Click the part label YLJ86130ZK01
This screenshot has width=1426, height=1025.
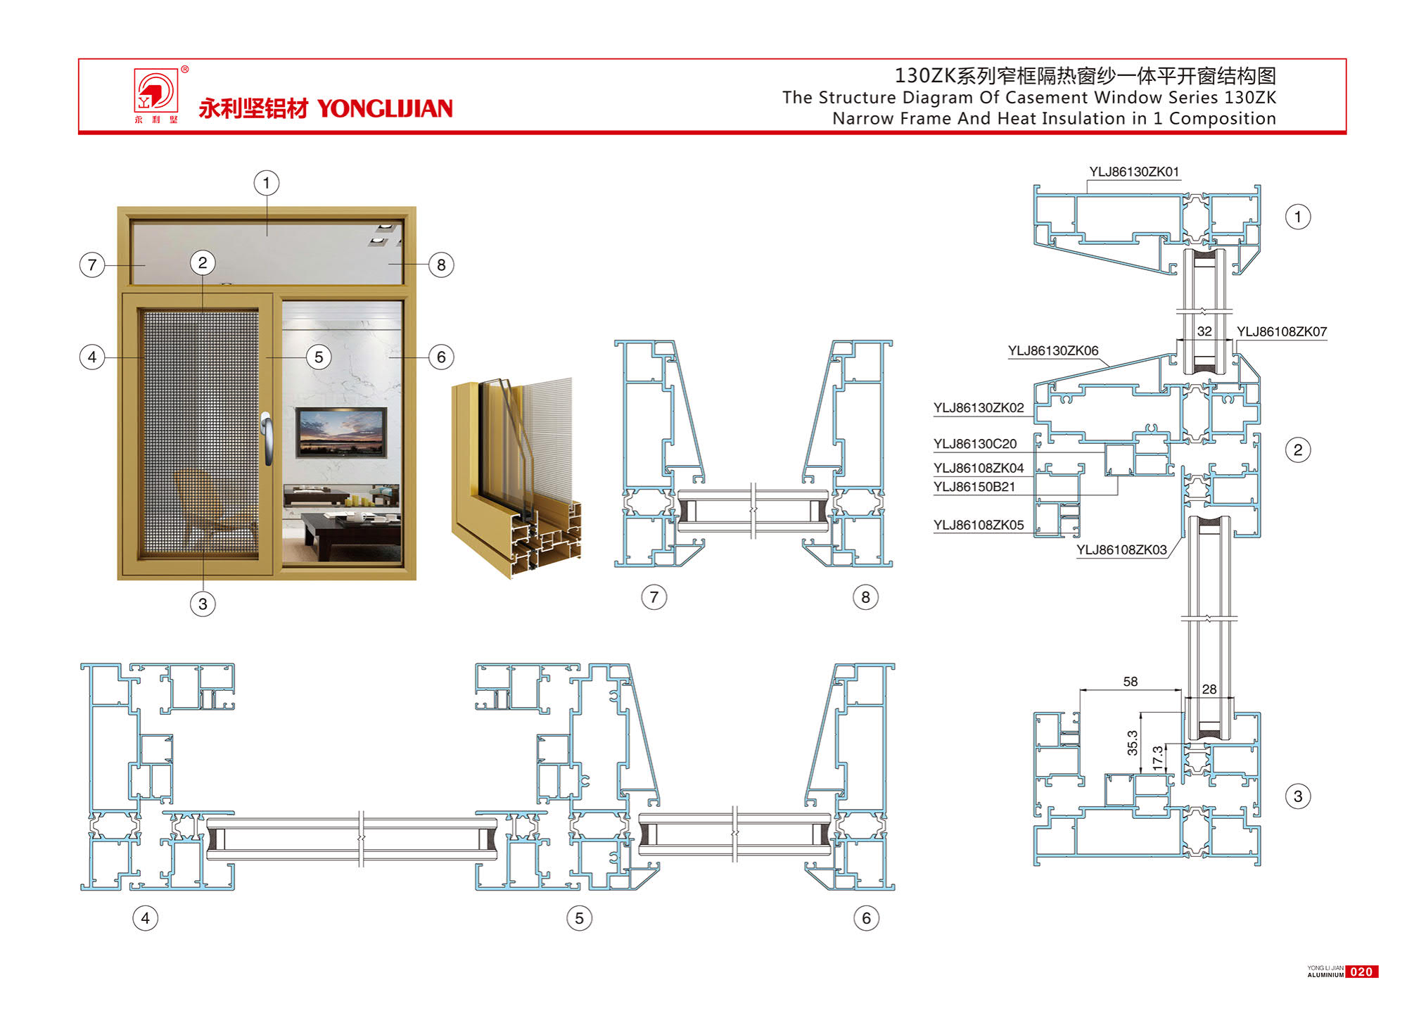(x=1133, y=172)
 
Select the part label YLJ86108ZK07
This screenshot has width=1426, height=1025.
(x=1281, y=331)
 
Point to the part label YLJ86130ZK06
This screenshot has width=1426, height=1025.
(x=1052, y=350)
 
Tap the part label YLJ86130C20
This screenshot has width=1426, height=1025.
(x=974, y=444)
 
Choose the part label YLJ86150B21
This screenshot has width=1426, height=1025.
(x=974, y=487)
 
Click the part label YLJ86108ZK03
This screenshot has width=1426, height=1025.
(x=1121, y=549)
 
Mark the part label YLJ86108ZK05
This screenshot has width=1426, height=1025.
(x=978, y=525)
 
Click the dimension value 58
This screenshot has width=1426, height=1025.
(x=1130, y=681)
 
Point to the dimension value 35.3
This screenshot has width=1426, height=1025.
(x=1132, y=743)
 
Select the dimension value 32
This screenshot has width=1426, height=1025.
(x=1204, y=331)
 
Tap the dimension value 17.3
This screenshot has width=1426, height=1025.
(x=1157, y=757)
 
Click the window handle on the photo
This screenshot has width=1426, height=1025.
(x=267, y=438)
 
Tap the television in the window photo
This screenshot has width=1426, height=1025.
(x=341, y=431)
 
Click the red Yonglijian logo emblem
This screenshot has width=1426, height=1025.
(x=156, y=91)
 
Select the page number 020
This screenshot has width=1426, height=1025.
(x=1361, y=972)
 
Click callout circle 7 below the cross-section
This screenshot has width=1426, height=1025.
(x=654, y=597)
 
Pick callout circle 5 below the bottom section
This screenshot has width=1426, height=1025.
(x=579, y=918)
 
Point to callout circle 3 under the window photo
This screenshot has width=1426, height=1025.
(x=203, y=604)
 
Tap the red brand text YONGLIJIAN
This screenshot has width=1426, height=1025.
(x=385, y=108)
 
